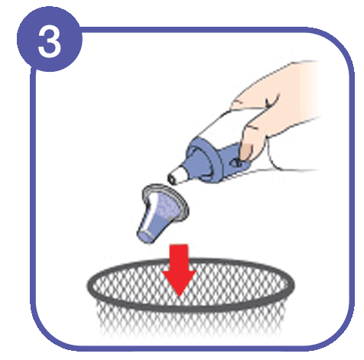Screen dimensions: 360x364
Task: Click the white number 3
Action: (x=50, y=43)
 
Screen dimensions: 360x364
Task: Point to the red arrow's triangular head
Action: (x=181, y=284)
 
